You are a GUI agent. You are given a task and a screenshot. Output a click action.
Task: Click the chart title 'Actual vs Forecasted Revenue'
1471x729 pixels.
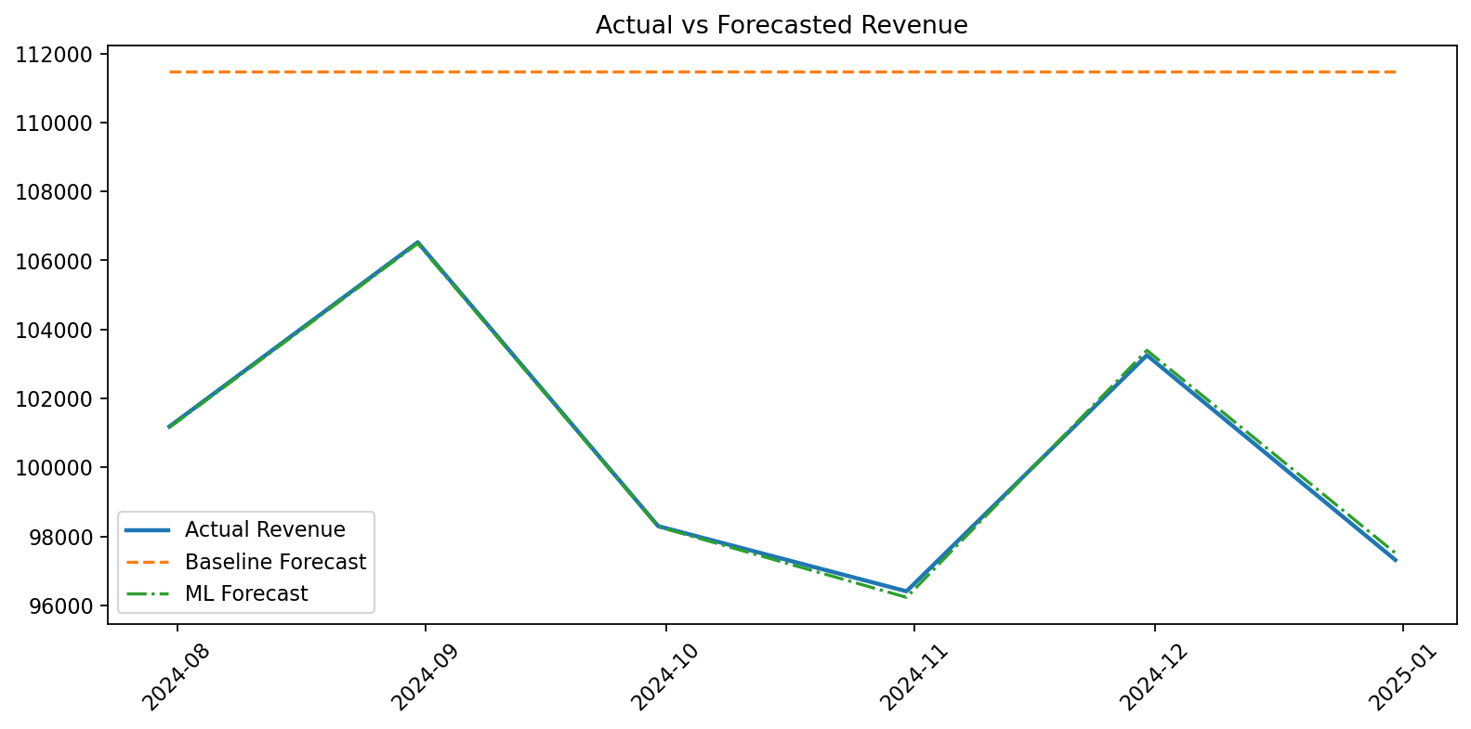tap(781, 25)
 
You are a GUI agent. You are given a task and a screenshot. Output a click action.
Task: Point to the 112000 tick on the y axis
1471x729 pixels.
tap(55, 55)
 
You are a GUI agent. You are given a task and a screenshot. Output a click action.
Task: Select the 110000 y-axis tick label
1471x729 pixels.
tap(55, 124)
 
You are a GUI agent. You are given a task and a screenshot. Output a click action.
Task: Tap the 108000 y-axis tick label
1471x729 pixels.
tap(55, 192)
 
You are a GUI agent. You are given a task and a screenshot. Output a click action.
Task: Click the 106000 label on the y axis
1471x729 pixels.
tap(55, 261)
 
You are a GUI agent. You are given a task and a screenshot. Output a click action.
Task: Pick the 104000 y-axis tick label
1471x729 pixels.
tap(55, 331)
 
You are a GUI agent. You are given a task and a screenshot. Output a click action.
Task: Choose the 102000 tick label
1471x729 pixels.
tap(55, 399)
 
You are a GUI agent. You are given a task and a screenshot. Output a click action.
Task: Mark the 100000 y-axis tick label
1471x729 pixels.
tap(55, 468)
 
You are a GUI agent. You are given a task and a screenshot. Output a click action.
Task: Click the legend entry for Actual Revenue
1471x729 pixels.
tap(265, 529)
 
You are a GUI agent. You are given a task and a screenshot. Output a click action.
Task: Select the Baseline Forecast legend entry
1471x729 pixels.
tap(275, 562)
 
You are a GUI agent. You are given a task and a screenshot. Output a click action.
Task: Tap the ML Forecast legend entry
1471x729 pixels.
tap(246, 593)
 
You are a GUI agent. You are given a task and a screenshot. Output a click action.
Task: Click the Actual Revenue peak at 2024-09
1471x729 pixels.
tap(418, 242)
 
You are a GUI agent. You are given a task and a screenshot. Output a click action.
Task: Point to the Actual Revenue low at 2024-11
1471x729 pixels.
tap(906, 591)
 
